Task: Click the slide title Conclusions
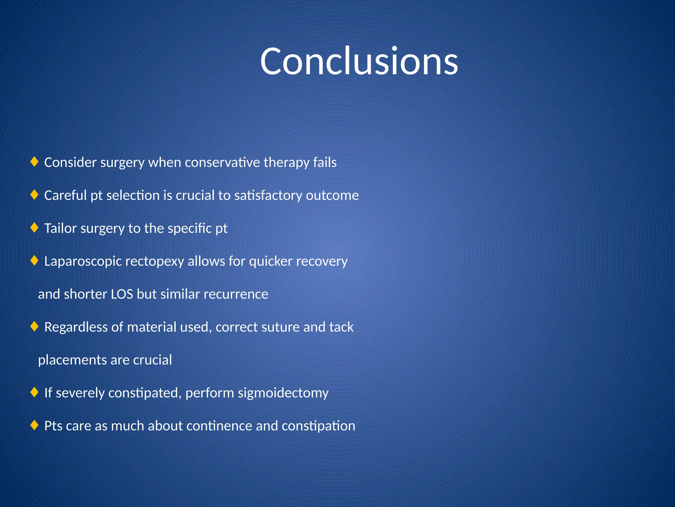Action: pyautogui.click(x=359, y=61)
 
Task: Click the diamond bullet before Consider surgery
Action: pyautogui.click(x=34, y=162)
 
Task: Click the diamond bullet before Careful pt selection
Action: pyautogui.click(x=34, y=195)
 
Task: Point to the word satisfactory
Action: pyautogui.click(x=268, y=195)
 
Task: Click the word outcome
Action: pyautogui.click(x=332, y=195)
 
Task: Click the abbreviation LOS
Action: pyautogui.click(x=122, y=294)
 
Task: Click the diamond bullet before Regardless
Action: pyautogui.click(x=34, y=327)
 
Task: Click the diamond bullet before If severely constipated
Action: pyautogui.click(x=34, y=392)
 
